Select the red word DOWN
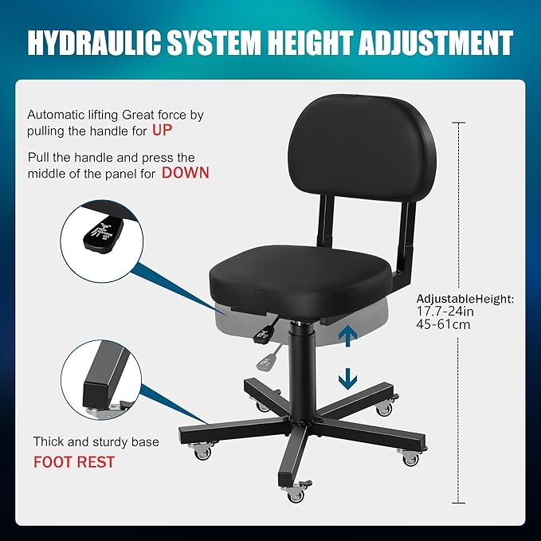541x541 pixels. pyautogui.click(x=186, y=172)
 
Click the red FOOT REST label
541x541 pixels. pyautogui.click(x=74, y=461)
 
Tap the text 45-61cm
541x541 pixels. pyautogui.click(x=443, y=325)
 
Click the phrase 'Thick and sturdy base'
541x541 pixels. pyautogui.click(x=96, y=441)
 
